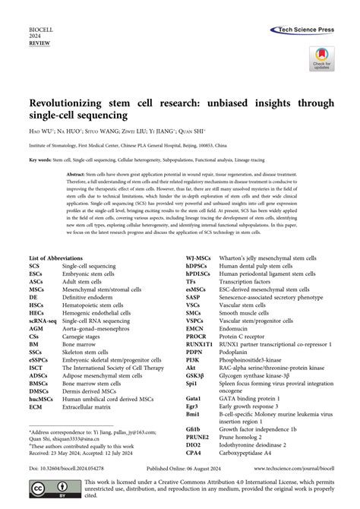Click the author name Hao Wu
click(x=40, y=130)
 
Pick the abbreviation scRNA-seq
click(x=44, y=322)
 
